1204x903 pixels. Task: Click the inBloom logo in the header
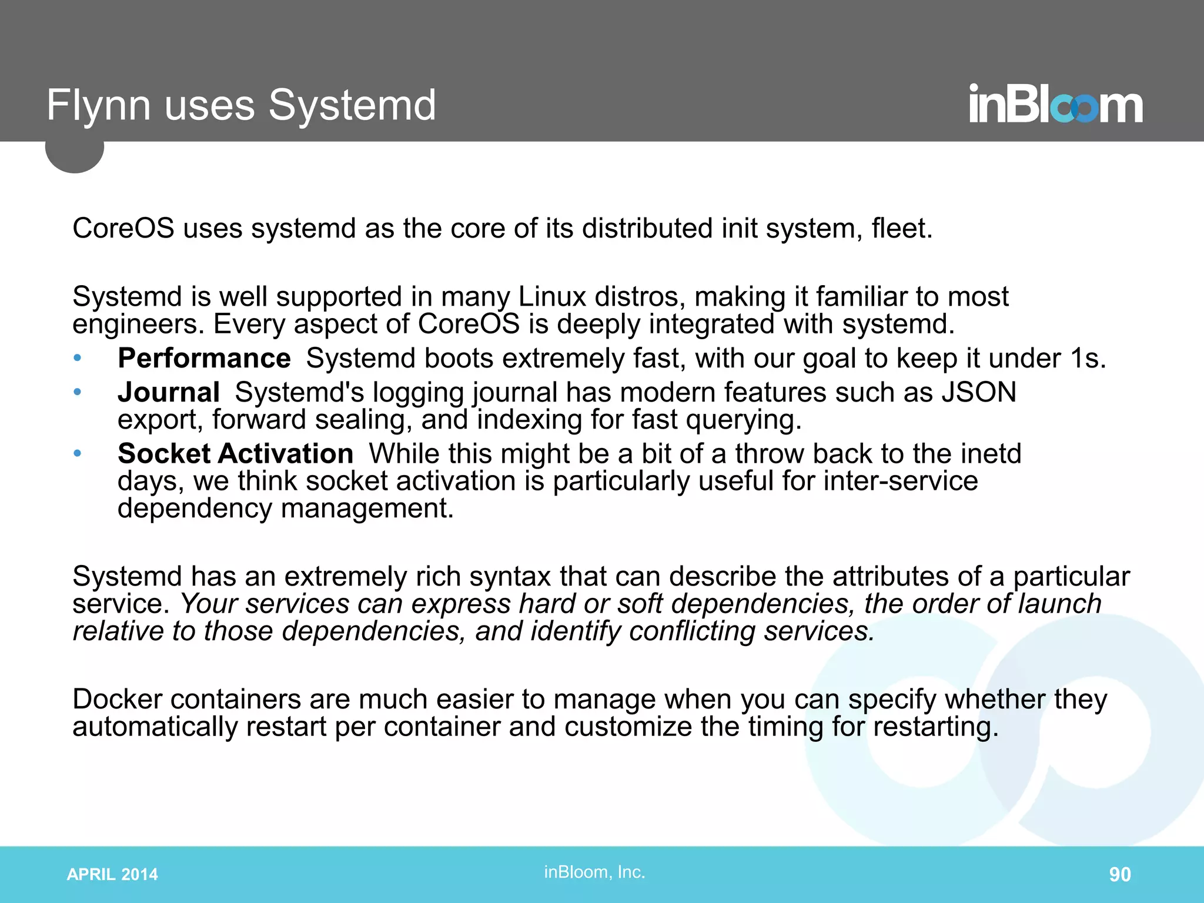(1056, 105)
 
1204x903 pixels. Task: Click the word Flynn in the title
(98, 106)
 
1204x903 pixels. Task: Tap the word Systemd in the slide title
(352, 106)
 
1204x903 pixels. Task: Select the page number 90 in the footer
(1119, 874)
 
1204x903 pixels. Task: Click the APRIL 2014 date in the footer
(112, 874)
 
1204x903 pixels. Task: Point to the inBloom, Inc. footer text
(594, 872)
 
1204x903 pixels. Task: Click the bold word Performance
(204, 358)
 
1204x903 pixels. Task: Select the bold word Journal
(169, 392)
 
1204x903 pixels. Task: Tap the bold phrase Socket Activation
(235, 453)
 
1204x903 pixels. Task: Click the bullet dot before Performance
(77, 358)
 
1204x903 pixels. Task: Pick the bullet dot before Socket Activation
(77, 453)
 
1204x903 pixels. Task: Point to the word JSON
(979, 392)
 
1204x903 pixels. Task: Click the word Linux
(552, 296)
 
